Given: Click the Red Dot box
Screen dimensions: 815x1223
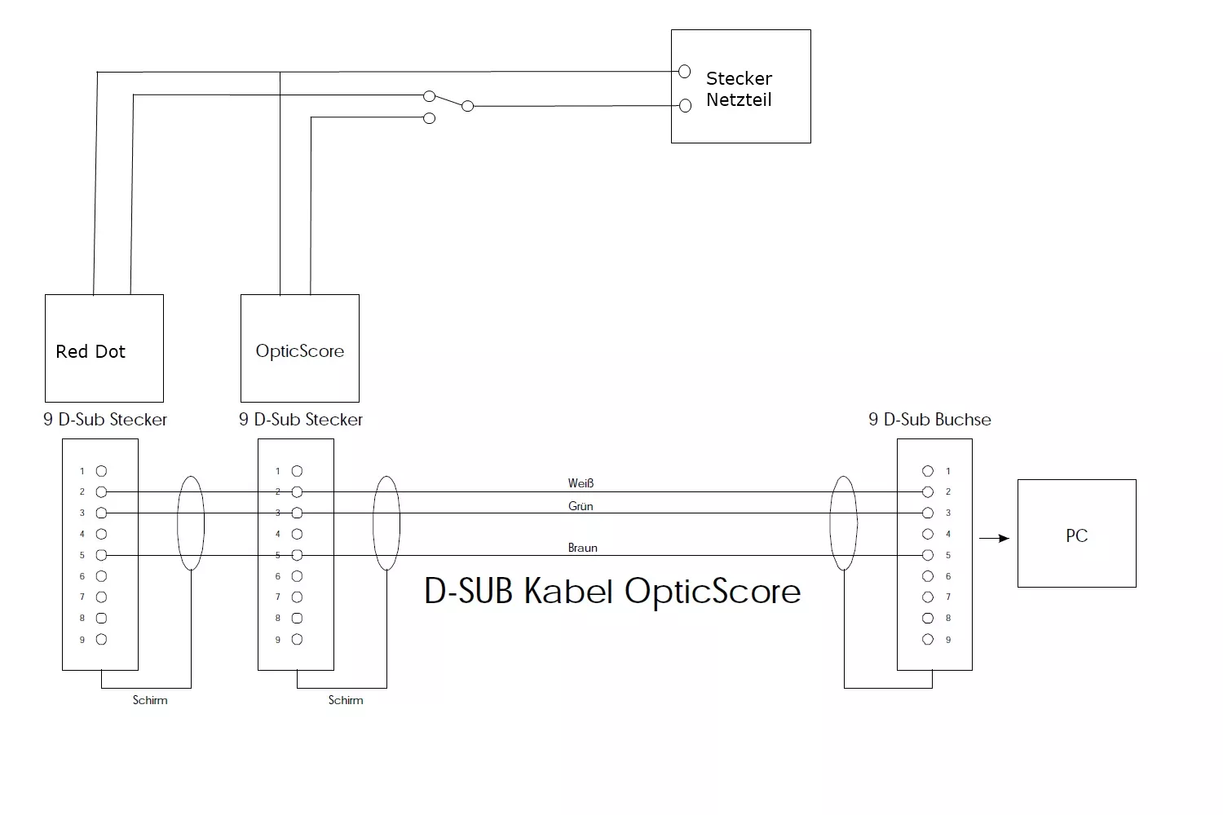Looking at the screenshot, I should [x=104, y=348].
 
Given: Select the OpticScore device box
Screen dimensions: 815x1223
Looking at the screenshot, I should [x=299, y=348].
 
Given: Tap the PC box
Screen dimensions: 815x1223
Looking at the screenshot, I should [x=1076, y=533].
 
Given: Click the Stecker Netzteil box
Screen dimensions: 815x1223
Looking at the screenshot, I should [x=740, y=86].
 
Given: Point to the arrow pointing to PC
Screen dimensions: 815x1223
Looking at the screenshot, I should [x=994, y=538].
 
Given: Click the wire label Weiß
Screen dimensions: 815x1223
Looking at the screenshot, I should [x=581, y=483].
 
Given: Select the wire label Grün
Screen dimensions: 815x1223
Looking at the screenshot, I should [x=581, y=506].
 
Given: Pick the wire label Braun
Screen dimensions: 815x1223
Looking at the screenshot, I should [x=582, y=548].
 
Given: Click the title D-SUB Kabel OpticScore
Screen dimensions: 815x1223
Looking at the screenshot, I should [x=612, y=591].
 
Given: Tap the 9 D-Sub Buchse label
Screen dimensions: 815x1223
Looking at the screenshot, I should [x=929, y=420].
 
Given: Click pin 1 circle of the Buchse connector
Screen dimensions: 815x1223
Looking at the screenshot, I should [x=927, y=471].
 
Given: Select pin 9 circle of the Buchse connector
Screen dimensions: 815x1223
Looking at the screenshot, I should [x=927, y=640].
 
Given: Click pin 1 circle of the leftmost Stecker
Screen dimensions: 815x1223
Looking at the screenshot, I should [x=101, y=471].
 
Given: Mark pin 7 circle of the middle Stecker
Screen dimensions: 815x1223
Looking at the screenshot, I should [x=297, y=597].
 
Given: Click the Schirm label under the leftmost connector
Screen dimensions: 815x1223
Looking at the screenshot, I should [x=150, y=700].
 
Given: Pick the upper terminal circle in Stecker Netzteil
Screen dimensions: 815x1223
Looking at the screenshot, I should [x=684, y=72].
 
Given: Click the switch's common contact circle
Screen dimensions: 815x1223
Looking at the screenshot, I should [x=467, y=106].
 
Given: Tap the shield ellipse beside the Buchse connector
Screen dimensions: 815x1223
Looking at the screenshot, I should [x=843, y=523].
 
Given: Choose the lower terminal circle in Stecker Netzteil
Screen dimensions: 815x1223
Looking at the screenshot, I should [x=685, y=106].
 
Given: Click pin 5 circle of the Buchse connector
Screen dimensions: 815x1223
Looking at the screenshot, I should [x=927, y=555].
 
